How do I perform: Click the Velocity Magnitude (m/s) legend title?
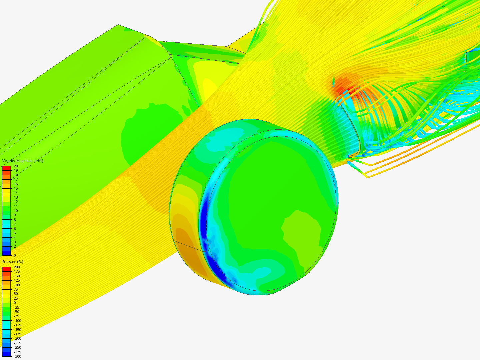pyautogui.click(x=23, y=161)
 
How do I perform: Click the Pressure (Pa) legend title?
pyautogui.click(x=13, y=262)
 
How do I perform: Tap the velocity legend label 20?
pyautogui.click(x=16, y=166)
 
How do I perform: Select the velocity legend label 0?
pyautogui.click(x=15, y=255)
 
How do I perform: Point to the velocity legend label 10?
pyautogui.click(x=16, y=211)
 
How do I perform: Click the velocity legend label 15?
pyautogui.click(x=16, y=188)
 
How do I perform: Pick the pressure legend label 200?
pyautogui.click(x=17, y=267)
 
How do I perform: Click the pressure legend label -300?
pyautogui.click(x=17, y=356)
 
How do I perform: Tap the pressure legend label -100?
pyautogui.click(x=17, y=321)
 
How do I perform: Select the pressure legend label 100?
pyautogui.click(x=17, y=285)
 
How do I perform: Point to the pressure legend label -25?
pyautogui.click(x=16, y=307)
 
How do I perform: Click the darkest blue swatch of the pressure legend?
pyautogui.click(x=6, y=354)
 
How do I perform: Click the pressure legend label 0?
pyautogui.click(x=15, y=303)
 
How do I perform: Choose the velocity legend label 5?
pyautogui.click(x=15, y=233)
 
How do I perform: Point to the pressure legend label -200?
pyautogui.click(x=17, y=338)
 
